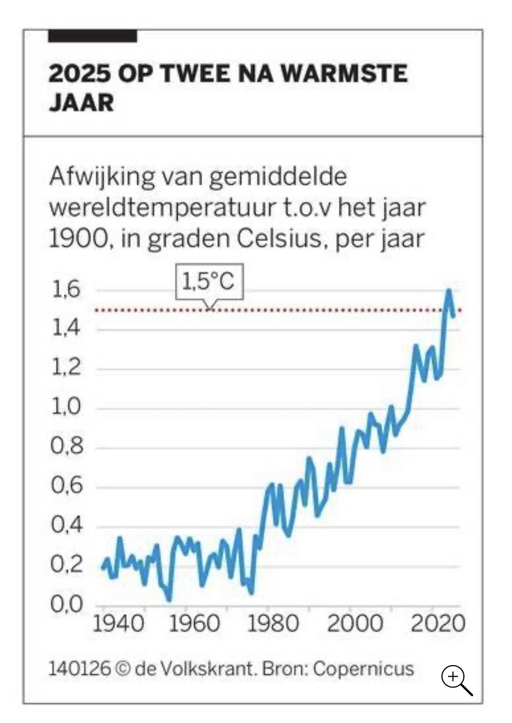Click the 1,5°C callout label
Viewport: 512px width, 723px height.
tap(208, 282)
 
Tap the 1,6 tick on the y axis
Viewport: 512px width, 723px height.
tap(66, 290)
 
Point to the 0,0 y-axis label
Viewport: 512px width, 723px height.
tap(66, 604)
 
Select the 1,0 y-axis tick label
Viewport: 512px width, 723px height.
tap(66, 408)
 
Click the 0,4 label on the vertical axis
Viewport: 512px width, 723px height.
tap(66, 526)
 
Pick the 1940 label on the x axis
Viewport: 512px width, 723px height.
tap(119, 624)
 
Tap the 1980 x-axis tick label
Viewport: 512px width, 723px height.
tap(273, 624)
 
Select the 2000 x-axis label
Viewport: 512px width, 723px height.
tap(355, 624)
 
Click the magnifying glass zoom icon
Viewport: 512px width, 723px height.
tap(456, 680)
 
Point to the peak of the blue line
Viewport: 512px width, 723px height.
tap(449, 290)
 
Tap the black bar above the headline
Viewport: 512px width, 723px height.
tap(92, 36)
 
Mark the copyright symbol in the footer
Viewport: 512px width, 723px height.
tap(124, 668)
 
